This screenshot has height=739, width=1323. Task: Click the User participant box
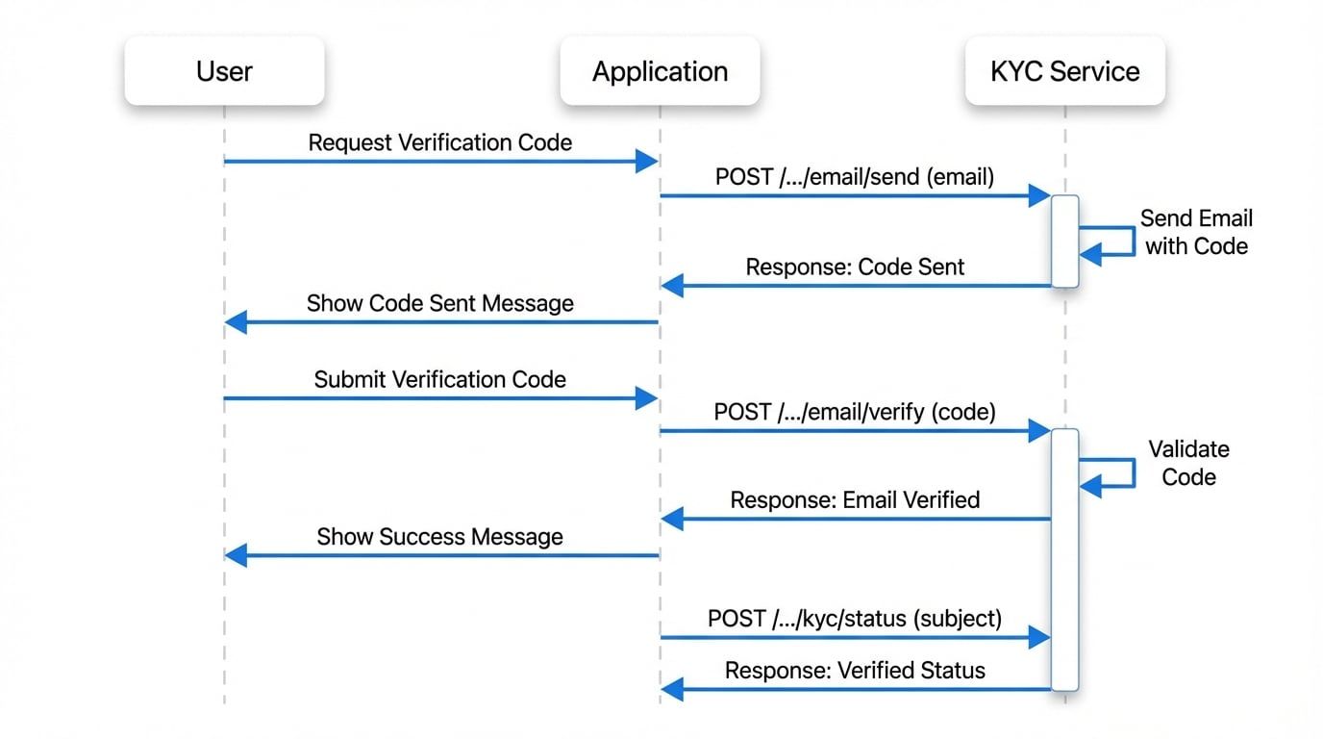coord(224,71)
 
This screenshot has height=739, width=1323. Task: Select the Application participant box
coord(660,71)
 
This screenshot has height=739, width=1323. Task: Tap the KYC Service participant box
coord(1064,71)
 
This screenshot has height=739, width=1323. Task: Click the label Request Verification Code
coord(439,142)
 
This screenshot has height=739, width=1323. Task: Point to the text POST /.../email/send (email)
coord(854,177)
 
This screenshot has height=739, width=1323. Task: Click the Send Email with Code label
coord(1196,232)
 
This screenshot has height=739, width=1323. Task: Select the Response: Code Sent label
coord(854,267)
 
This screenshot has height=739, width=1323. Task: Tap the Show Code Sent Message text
coord(439,303)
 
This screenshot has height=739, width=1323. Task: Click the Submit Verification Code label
coord(439,379)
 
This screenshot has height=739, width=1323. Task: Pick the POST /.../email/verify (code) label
coord(854,412)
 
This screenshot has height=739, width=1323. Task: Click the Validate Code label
coord(1188,463)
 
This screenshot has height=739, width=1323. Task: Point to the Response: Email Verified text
coord(854,500)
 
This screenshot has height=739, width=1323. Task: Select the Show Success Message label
coord(439,537)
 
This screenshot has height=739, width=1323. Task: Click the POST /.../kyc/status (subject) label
coord(854,619)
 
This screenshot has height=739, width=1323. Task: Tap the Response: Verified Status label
coord(854,670)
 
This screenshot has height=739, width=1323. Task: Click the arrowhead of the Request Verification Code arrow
coord(647,162)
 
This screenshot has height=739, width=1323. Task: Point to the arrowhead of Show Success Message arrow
coord(236,555)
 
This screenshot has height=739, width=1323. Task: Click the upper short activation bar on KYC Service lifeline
coord(1064,241)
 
